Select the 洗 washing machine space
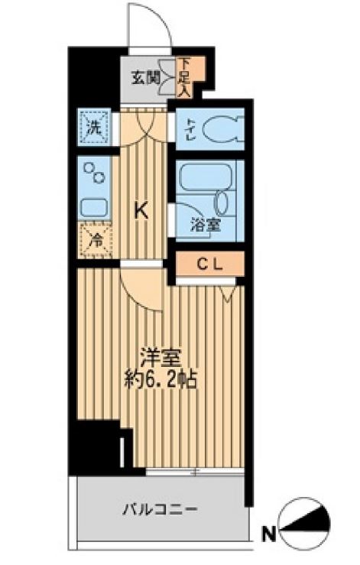tap(92, 128)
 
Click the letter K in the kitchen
tap(141, 209)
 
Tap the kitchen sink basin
tap(94, 206)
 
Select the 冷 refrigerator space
tap(94, 239)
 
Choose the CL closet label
tap(209, 265)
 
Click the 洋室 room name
tap(158, 357)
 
